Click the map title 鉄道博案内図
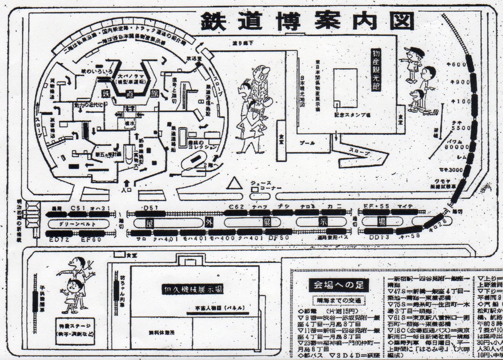(306, 21)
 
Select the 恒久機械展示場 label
(193, 289)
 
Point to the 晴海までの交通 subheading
(338, 300)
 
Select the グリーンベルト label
(78, 224)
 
